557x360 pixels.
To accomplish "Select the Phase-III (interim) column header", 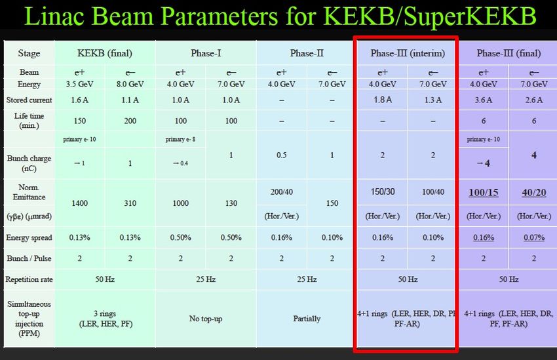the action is pyautogui.click(x=408, y=53).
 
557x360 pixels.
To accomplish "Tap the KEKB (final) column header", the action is pyautogui.click(x=105, y=53).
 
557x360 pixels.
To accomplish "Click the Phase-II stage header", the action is pyautogui.click(x=307, y=53).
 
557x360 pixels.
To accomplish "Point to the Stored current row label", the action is pyautogui.click(x=29, y=100).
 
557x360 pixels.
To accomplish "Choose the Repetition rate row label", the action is pyautogui.click(x=29, y=279).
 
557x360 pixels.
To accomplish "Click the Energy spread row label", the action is pyautogui.click(x=29, y=237).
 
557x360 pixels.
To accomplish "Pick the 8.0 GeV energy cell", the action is pyautogui.click(x=130, y=84).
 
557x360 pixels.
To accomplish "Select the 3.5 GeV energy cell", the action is pyautogui.click(x=79, y=84).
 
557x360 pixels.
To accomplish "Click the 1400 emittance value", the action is pyautogui.click(x=79, y=203).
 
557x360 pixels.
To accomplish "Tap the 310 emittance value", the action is pyautogui.click(x=130, y=203).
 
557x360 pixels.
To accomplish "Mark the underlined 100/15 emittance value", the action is pyautogui.click(x=484, y=193).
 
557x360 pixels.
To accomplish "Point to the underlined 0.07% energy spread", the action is pyautogui.click(x=534, y=237).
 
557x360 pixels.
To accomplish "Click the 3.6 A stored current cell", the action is pyautogui.click(x=484, y=100).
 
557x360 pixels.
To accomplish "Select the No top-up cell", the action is pyautogui.click(x=206, y=319).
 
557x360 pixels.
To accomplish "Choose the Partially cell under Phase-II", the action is pyautogui.click(x=307, y=319).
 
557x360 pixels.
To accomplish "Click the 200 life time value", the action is pyautogui.click(x=130, y=121).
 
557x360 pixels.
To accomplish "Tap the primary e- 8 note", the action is pyautogui.click(x=180, y=139).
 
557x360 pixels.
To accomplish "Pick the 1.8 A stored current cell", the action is pyautogui.click(x=383, y=100).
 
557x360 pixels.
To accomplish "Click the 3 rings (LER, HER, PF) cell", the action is pyautogui.click(x=106, y=319).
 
